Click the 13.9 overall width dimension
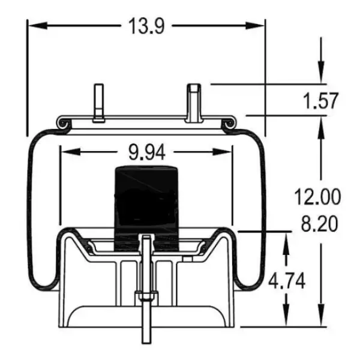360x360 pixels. (x=146, y=25)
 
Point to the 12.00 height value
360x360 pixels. (x=317, y=196)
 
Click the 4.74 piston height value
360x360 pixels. (x=286, y=281)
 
